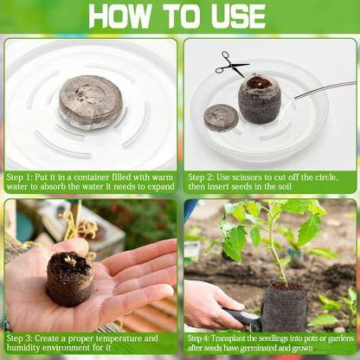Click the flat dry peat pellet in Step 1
[x=90, y=100]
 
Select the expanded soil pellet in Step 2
[x=260, y=99]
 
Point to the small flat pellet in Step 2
[x=221, y=117]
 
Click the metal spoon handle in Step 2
[x=325, y=89]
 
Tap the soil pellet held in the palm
[x=70, y=277]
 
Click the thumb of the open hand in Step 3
[x=44, y=254]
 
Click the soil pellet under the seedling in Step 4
[x=285, y=305]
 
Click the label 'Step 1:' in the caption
[x=24, y=177]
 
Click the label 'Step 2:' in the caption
[x=205, y=176]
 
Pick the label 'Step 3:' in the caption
[x=24, y=338]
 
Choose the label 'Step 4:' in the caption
[x=204, y=338]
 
